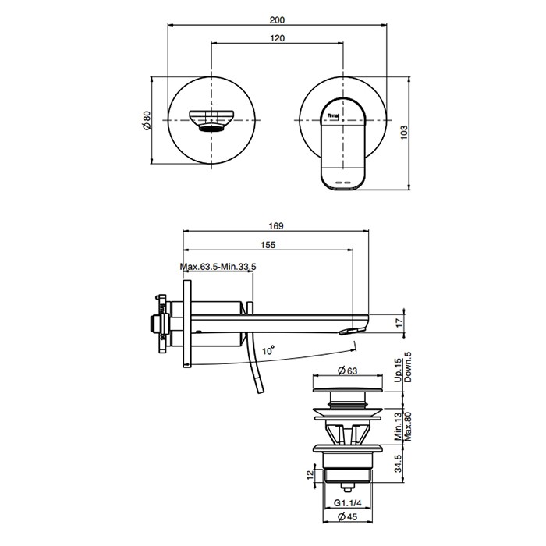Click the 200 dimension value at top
coord(277,19)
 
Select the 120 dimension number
coord(277,38)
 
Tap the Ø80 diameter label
coord(147,120)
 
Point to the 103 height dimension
coord(403,133)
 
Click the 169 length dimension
coord(276,226)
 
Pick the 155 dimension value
coord(268,245)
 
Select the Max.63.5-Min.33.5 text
coord(218,267)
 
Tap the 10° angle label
coord(268,350)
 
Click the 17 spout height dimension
coord(399,322)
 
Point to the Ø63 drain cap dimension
coord(348,370)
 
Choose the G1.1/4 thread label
coord(348,503)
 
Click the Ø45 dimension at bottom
coord(348,516)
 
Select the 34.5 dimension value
coord(399,463)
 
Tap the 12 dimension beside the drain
coord(310,474)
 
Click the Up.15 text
coord(399,371)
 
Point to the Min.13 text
coord(399,427)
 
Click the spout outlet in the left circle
coord(211,120)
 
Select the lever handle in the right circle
coord(342,144)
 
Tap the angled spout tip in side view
coord(353,328)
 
